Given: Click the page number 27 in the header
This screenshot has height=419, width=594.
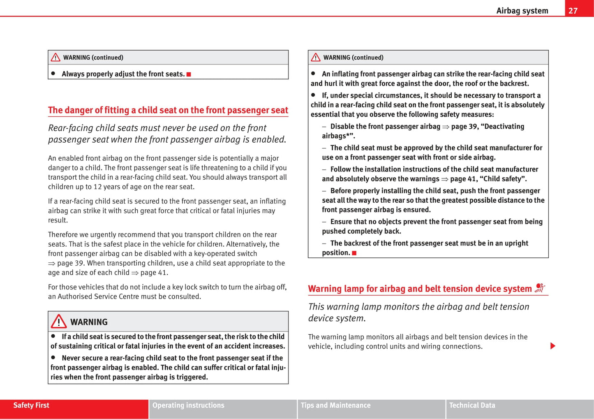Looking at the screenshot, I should click(x=573, y=11).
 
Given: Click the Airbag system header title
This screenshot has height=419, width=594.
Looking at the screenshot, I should click(x=522, y=11).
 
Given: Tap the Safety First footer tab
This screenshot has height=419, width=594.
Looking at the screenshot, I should click(x=31, y=405).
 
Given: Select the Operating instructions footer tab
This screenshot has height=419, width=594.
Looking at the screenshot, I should click(x=188, y=405).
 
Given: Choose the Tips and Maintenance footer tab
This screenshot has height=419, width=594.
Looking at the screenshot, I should click(x=335, y=405).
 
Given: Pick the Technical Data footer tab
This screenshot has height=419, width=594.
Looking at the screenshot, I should click(x=472, y=405).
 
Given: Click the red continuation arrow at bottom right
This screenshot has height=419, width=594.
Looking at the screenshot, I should click(x=553, y=346).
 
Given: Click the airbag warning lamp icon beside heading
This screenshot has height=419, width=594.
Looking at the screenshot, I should click(x=540, y=288).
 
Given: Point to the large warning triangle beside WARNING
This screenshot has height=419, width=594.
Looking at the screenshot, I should click(x=59, y=321).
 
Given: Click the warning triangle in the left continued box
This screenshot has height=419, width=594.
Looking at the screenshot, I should click(x=55, y=58).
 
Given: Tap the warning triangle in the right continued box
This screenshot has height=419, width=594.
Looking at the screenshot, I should click(x=316, y=58).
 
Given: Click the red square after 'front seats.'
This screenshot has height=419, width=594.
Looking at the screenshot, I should click(x=189, y=74).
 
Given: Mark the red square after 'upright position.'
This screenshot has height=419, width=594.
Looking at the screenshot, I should click(x=354, y=253).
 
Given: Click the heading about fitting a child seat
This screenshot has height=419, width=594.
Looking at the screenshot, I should click(x=168, y=110).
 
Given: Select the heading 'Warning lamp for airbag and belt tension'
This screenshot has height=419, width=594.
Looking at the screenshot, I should click(x=420, y=289).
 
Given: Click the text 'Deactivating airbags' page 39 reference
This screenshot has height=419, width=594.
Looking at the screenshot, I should click(x=488, y=127).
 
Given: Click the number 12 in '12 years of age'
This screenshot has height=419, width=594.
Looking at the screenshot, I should click(x=97, y=187).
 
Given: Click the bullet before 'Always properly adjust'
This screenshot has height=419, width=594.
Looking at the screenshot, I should click(x=53, y=73).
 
